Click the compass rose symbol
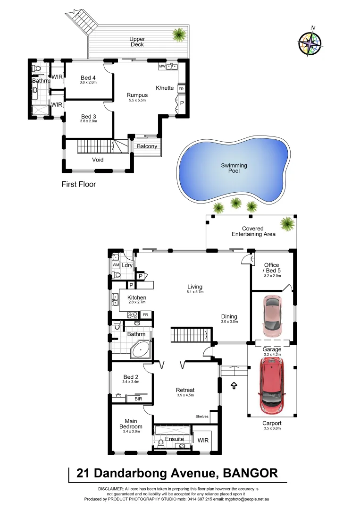click(310, 41)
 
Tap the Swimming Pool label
click(234, 168)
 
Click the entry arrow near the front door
click(234, 386)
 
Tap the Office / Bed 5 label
click(272, 268)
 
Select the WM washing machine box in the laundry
click(116, 265)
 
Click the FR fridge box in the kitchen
click(146, 314)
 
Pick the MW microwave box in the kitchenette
click(162, 66)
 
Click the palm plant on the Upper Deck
click(179, 34)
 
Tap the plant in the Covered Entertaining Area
click(286, 222)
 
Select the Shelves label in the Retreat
click(202, 416)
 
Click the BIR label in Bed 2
click(138, 399)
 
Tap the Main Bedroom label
click(131, 424)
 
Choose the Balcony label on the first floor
click(147, 146)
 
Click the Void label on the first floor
click(98, 160)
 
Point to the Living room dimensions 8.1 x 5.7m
click(194, 292)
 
